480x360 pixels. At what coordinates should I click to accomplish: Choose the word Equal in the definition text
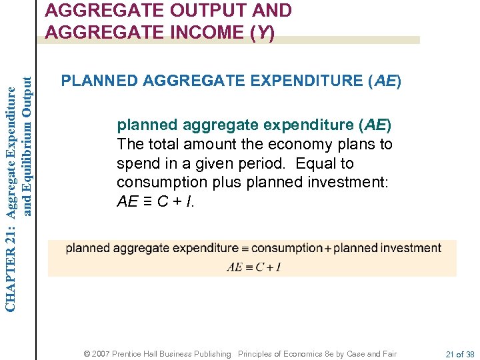[317, 163]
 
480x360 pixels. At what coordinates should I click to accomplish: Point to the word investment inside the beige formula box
[409, 248]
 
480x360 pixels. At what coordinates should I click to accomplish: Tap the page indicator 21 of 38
[459, 354]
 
